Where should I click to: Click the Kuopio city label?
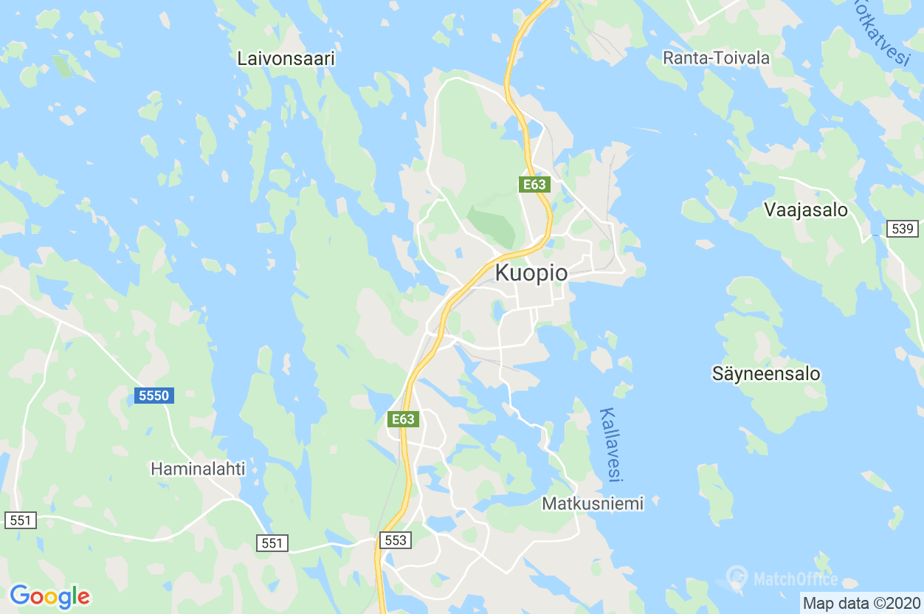[531, 273]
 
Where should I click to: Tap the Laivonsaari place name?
[286, 59]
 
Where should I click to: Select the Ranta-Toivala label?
[716, 58]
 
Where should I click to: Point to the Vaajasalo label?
[806, 210]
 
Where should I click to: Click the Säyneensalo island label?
[766, 373]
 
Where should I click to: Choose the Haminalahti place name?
[198, 469]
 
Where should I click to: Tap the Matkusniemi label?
[593, 503]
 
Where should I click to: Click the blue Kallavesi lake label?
[610, 445]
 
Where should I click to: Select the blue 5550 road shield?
[154, 396]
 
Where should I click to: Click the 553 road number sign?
[396, 540]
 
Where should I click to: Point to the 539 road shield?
[903, 229]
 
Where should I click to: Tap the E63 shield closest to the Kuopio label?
[534, 184]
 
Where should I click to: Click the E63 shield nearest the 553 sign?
[403, 419]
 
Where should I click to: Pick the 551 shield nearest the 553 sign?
[272, 543]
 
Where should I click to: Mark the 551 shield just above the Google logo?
[21, 520]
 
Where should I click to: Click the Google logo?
[49, 596]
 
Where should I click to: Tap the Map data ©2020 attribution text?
[861, 603]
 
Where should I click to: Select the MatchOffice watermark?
[782, 577]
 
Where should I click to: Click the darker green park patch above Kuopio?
[492, 225]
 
